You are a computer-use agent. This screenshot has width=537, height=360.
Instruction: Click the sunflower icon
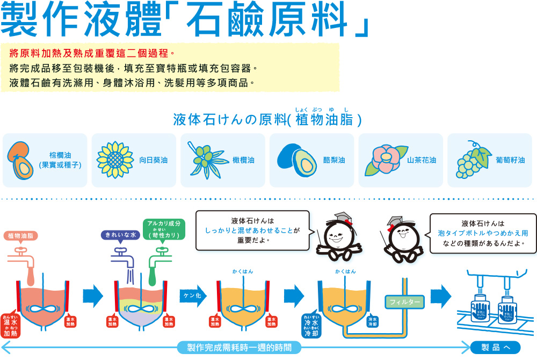tap(114, 160)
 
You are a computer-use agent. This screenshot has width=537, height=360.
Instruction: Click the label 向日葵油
tap(154, 160)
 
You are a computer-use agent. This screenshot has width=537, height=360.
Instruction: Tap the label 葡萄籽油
tap(511, 160)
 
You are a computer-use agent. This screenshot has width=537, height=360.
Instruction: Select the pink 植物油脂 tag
tap(21, 235)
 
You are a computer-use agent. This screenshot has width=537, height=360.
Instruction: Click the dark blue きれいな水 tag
tap(120, 235)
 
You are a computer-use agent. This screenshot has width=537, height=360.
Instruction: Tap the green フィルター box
tap(404, 302)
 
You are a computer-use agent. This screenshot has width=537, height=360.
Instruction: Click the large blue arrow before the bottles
tap(440, 295)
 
